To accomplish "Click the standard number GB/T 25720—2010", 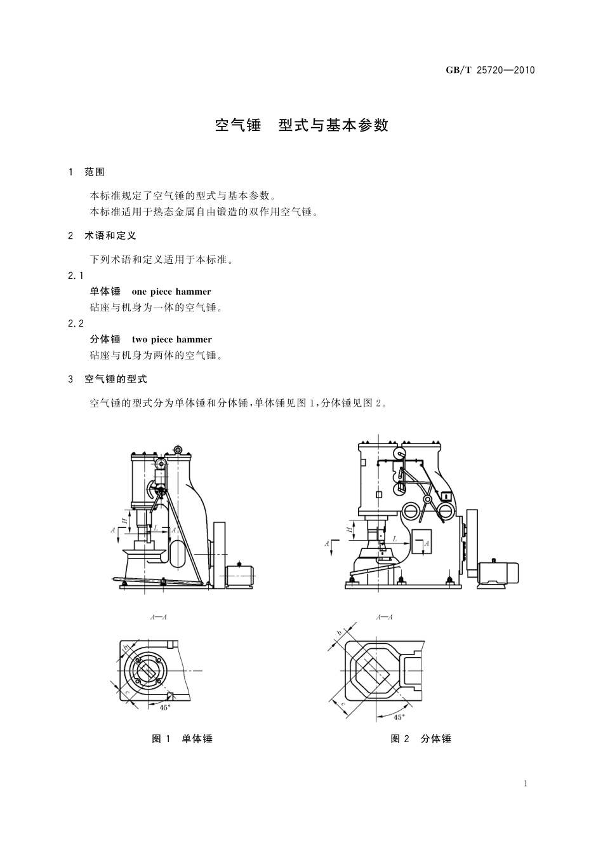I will pyautogui.click(x=491, y=70).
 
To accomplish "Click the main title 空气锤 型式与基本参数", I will pyautogui.click(x=301, y=125).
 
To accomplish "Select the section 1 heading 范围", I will pyautogui.click(x=94, y=172).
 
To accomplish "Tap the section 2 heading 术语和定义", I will pyautogui.click(x=110, y=236).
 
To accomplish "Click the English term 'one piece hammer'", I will pyautogui.click(x=171, y=292).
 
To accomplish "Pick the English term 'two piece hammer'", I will pyautogui.click(x=172, y=339).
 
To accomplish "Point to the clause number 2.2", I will pyautogui.click(x=76, y=323).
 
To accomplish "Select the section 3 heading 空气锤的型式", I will pyautogui.click(x=116, y=379).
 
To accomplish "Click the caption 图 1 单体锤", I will pyautogui.click(x=182, y=738).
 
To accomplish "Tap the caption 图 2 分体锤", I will pyautogui.click(x=421, y=738).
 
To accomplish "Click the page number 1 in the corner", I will pyautogui.click(x=526, y=783).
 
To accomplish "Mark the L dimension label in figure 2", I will pyautogui.click(x=394, y=539).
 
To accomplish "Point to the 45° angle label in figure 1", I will pyautogui.click(x=164, y=707).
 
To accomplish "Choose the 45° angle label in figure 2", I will pyautogui.click(x=399, y=717).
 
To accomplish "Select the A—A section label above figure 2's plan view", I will pyautogui.click(x=385, y=617).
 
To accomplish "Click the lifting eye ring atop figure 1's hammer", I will pyautogui.click(x=178, y=451).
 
